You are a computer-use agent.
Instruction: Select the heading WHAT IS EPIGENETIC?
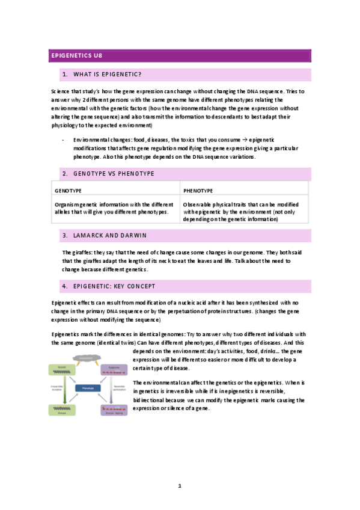(x=107, y=75)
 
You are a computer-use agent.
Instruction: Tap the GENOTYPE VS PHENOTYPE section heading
(x=114, y=173)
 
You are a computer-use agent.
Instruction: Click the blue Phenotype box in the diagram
(x=88, y=388)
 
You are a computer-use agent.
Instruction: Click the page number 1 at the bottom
(x=180, y=485)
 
